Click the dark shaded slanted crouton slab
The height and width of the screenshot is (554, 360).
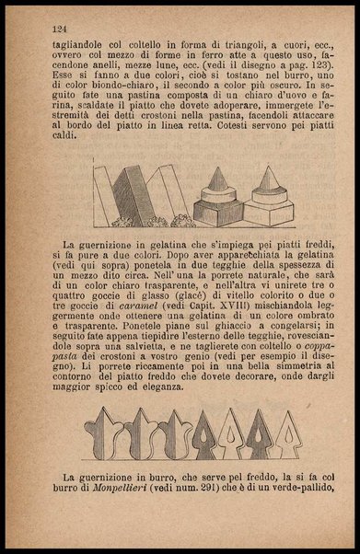124,194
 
